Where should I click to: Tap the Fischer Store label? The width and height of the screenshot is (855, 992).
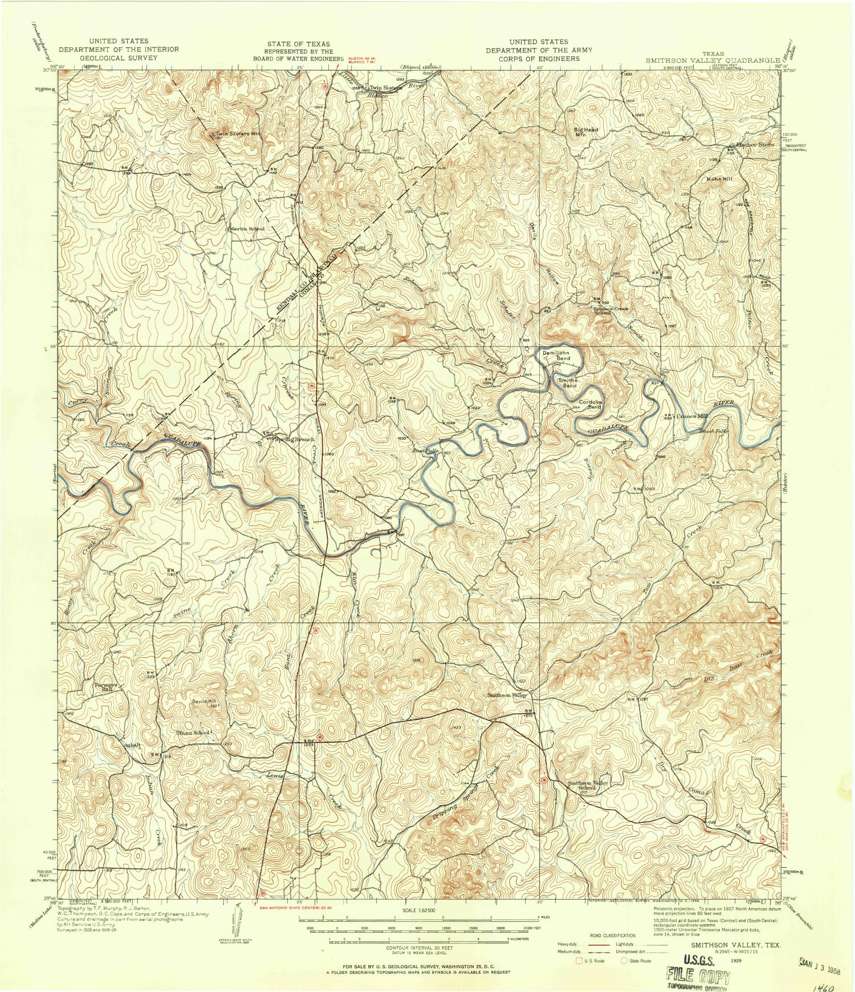coord(755,145)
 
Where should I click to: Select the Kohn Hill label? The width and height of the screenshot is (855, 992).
coord(719,178)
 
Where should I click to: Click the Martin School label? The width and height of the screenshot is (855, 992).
coord(247,229)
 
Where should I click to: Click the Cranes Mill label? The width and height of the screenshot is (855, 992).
coord(692,416)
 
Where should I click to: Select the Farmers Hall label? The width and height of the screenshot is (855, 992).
coord(106,686)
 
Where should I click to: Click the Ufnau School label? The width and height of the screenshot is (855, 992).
coord(193,733)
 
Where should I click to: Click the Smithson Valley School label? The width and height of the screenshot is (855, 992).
coord(588,785)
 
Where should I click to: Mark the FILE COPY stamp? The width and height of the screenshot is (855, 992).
coord(697,977)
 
